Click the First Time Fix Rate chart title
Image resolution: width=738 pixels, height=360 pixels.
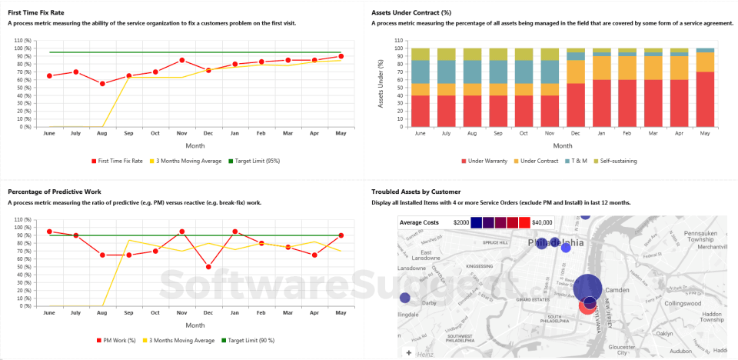pyautogui.click(x=37, y=13)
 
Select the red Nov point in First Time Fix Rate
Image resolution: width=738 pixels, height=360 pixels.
pyautogui.click(x=181, y=60)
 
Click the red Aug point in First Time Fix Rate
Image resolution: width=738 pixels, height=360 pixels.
pyautogui.click(x=102, y=83)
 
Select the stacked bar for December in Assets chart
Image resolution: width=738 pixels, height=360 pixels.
pyautogui.click(x=576, y=88)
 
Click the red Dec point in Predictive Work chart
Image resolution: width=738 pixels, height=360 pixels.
pyautogui.click(x=208, y=266)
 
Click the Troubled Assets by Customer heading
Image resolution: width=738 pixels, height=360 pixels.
pyautogui.click(x=416, y=192)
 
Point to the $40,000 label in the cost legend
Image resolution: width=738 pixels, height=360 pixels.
pyautogui.click(x=541, y=222)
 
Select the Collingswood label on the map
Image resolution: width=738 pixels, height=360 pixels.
pyautogui.click(x=682, y=304)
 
